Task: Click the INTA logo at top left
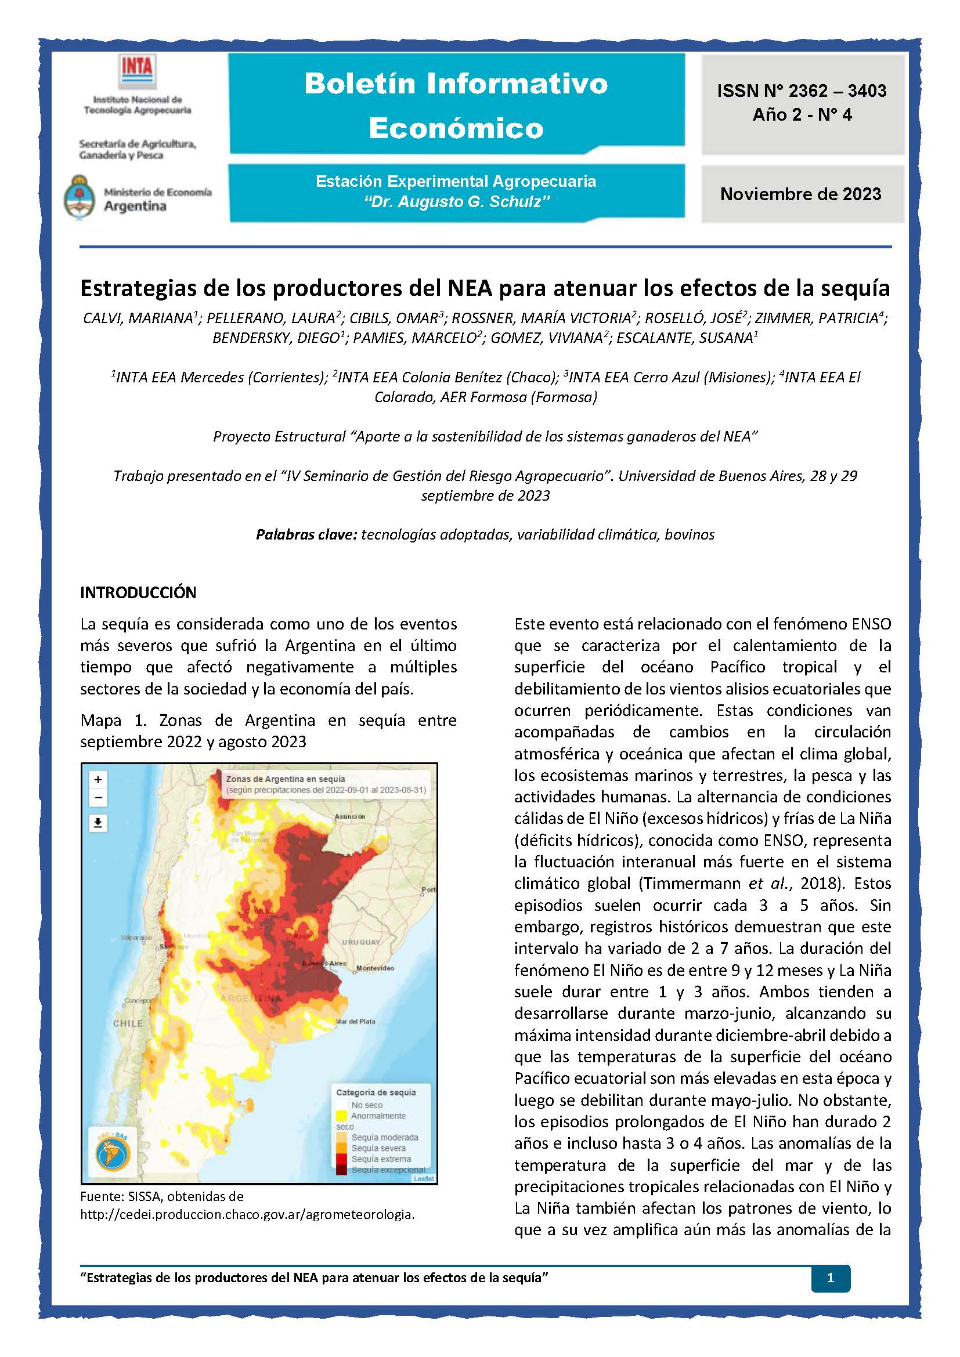click(x=137, y=71)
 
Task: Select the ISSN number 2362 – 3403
click(x=802, y=91)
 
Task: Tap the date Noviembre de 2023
click(x=800, y=194)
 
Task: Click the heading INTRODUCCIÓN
click(x=138, y=592)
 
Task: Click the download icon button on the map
click(x=98, y=823)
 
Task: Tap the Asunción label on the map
click(x=349, y=816)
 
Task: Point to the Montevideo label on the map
click(x=375, y=968)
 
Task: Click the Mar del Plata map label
click(x=355, y=1021)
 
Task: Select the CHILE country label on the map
click(x=128, y=1023)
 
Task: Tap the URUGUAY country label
click(x=360, y=942)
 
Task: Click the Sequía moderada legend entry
click(x=384, y=1137)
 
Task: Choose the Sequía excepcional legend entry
click(x=388, y=1170)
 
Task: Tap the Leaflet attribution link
click(x=423, y=1178)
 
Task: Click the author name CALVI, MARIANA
click(x=138, y=318)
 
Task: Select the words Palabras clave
click(x=306, y=534)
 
